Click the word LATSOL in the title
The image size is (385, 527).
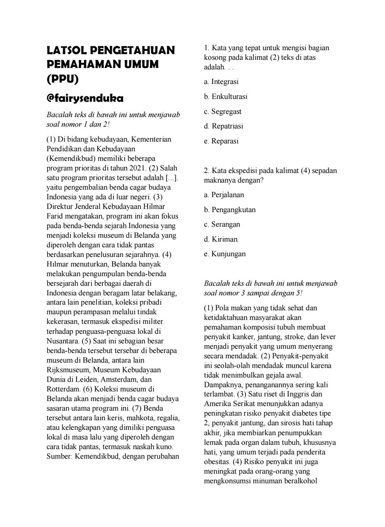click(x=69, y=50)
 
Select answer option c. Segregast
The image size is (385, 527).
click(x=223, y=112)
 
